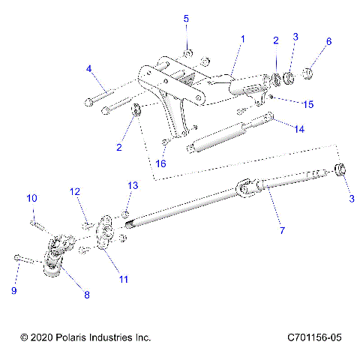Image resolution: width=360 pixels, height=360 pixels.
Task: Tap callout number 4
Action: click(x=88, y=69)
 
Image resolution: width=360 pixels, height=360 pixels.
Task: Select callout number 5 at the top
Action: click(x=187, y=18)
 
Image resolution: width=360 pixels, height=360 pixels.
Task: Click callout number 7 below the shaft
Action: click(x=282, y=230)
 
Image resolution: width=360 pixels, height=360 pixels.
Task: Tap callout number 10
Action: click(x=32, y=198)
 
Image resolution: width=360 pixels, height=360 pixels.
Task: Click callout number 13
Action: click(x=132, y=184)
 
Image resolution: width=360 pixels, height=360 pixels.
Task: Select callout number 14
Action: click(x=299, y=129)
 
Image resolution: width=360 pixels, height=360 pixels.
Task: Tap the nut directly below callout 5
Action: click(x=189, y=52)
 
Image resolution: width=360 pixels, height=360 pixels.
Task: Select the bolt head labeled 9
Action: click(x=17, y=258)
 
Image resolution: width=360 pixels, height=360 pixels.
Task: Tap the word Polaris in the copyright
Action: click(x=76, y=338)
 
